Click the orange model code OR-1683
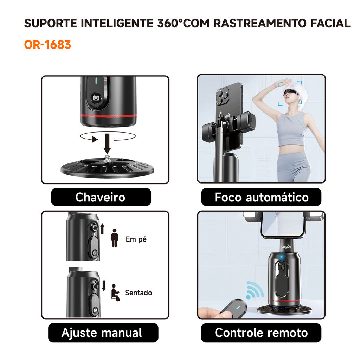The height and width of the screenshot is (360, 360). click(47, 45)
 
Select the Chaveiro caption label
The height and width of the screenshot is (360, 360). click(101, 197)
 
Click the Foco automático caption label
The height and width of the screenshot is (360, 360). click(261, 197)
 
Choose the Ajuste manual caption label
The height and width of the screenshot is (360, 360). click(103, 333)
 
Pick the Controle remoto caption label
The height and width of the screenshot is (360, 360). click(261, 333)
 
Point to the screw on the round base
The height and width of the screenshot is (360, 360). click(107, 159)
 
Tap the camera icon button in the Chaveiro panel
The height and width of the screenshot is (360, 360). click(96, 98)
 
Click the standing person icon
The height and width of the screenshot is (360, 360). click(115, 238)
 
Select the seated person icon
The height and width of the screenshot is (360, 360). click(115, 293)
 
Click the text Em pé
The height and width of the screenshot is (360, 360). click(136, 239)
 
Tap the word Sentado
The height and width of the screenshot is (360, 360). click(139, 293)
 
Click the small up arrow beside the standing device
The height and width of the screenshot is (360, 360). click(102, 229)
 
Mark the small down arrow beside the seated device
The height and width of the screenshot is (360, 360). click(104, 285)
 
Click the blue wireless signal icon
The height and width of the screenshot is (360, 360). click(255, 290)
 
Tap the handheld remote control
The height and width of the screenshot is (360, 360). click(233, 308)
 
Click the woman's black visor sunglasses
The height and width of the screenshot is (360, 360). click(291, 92)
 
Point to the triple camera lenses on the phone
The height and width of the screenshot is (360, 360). click(222, 97)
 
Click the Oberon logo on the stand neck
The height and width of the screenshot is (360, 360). click(287, 247)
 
